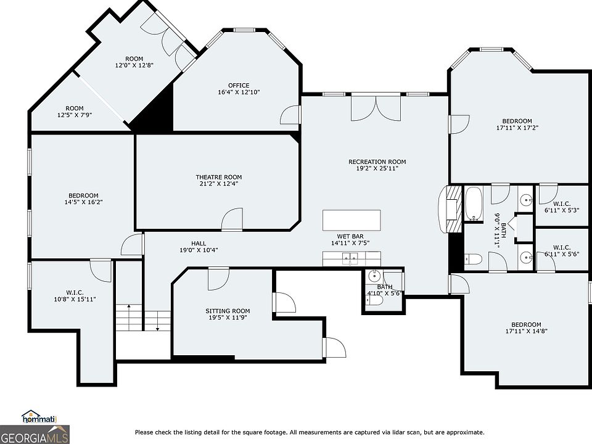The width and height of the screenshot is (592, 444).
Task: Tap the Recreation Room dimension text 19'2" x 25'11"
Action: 377,168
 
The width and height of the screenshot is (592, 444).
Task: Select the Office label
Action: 239,85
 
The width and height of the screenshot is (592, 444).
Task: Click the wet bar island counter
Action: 351,220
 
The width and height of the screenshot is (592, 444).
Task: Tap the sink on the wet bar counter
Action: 351,258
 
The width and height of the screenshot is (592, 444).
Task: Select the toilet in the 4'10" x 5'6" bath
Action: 374,300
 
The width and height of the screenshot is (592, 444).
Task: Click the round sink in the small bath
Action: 374,276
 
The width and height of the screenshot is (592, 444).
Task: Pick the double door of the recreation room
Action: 376,108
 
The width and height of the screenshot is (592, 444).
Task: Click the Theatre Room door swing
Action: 232,219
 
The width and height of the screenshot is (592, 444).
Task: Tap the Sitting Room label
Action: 228,311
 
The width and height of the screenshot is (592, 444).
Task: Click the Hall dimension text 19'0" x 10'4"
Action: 199,250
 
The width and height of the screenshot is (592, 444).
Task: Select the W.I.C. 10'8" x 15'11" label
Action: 75,296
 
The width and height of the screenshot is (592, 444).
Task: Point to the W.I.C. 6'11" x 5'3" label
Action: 562,207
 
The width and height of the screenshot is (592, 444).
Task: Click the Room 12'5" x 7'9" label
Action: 75,112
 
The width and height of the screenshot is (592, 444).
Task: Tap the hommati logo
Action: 39,417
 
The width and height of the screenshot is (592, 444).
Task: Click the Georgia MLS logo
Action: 35,435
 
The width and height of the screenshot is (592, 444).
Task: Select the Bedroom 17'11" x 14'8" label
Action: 526,327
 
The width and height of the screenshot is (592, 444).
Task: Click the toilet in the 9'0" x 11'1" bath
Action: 473,259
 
